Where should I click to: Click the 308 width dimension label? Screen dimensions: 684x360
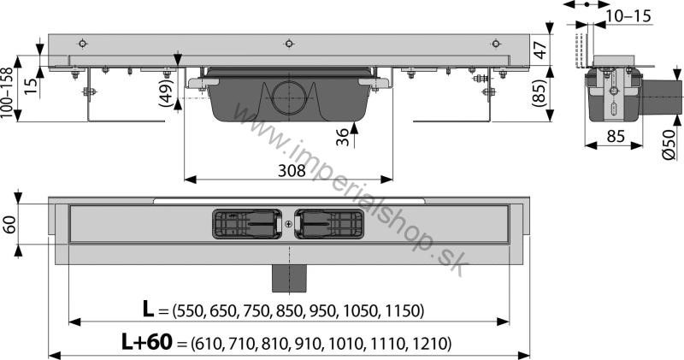[x=292, y=170]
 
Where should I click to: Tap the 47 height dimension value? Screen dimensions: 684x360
[x=540, y=50]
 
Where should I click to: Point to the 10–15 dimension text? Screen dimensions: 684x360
[x=629, y=16]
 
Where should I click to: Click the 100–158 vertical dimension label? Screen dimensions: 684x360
[x=7, y=93]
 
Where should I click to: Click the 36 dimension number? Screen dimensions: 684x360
[x=344, y=137]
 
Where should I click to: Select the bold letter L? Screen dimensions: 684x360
[x=148, y=309]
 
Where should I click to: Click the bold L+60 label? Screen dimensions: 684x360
[x=147, y=342]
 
